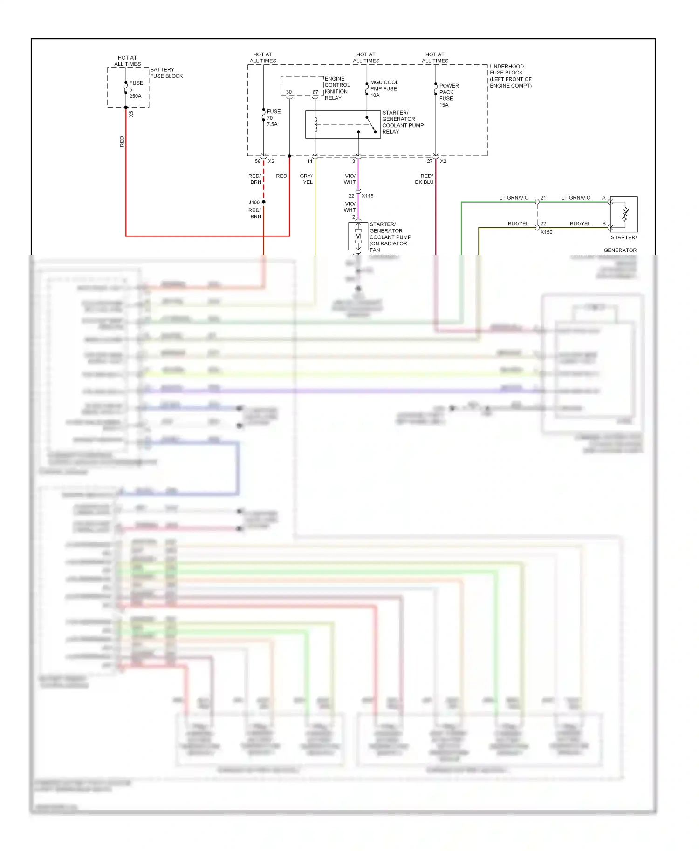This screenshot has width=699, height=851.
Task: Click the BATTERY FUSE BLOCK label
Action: [x=166, y=73]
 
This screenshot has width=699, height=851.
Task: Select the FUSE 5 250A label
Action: [x=136, y=89]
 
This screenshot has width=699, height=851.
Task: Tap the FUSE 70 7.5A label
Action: [x=273, y=118]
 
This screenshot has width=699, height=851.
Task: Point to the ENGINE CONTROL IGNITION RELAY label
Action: [x=336, y=88]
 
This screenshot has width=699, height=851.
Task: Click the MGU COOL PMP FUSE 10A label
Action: [x=384, y=88]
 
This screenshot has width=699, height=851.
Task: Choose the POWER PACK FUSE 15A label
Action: [x=448, y=95]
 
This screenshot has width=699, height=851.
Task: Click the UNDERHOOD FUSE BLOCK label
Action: [x=510, y=76]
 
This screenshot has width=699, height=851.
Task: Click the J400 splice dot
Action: [x=263, y=202]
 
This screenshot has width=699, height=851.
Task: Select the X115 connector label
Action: [x=367, y=196]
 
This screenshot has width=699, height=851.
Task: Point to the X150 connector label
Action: [x=546, y=232]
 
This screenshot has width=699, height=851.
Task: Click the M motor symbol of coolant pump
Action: [x=358, y=236]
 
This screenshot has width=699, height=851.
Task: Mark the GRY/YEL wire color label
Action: [x=306, y=179]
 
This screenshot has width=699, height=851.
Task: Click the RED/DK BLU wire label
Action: [x=424, y=179]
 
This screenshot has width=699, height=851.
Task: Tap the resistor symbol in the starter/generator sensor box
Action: [x=625, y=214]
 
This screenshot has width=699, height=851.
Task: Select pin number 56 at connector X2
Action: [x=257, y=162]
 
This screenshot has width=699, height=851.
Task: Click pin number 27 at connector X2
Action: [x=429, y=162]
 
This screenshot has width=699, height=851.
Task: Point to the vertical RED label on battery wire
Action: [x=122, y=142]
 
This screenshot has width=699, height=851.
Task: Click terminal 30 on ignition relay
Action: [x=289, y=92]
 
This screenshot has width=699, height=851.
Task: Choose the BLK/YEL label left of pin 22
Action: [x=518, y=223]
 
